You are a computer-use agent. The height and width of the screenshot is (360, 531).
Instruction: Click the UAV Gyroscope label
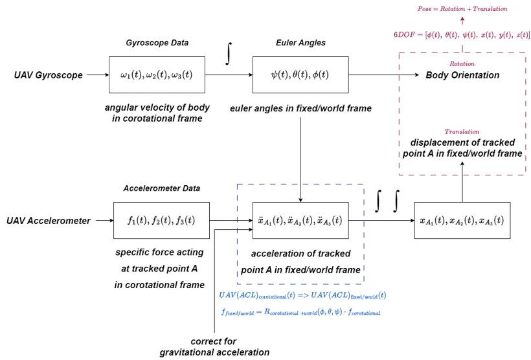[x=49, y=75]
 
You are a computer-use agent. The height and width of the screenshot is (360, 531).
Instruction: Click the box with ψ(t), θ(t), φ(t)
[x=300, y=74]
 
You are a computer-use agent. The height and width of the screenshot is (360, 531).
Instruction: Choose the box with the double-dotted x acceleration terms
[x=300, y=221]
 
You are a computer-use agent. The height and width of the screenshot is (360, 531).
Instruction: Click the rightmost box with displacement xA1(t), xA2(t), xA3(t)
[x=461, y=221]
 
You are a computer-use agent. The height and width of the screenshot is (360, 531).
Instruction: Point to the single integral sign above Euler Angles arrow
[x=228, y=54]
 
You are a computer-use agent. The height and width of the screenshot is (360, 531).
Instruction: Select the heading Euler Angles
[x=300, y=43]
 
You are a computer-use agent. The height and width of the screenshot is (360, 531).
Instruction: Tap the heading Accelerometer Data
[x=162, y=188]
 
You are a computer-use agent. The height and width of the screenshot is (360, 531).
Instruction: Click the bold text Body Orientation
[x=462, y=75]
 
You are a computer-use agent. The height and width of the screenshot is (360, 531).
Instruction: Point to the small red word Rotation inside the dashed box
[x=462, y=63]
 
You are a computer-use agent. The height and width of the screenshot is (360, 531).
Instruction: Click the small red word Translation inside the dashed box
[x=462, y=131]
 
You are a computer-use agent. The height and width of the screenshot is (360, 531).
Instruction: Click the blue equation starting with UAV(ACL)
[x=303, y=295]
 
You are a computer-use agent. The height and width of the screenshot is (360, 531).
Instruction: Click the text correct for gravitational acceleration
[x=214, y=346]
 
